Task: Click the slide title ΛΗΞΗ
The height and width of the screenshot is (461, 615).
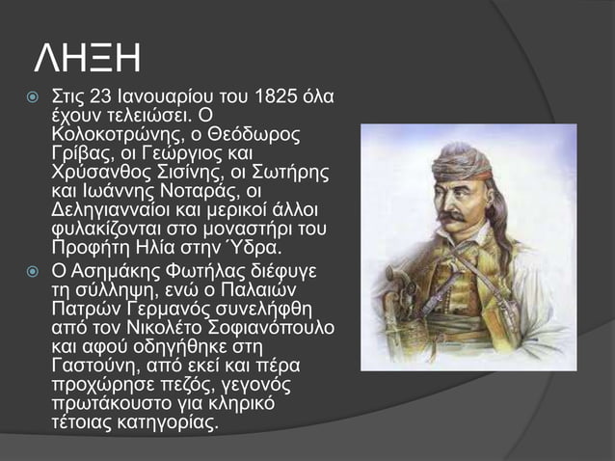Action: click(x=88, y=59)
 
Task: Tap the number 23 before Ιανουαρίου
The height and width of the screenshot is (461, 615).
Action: click(x=102, y=98)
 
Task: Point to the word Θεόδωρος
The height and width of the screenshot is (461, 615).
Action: click(x=259, y=135)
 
